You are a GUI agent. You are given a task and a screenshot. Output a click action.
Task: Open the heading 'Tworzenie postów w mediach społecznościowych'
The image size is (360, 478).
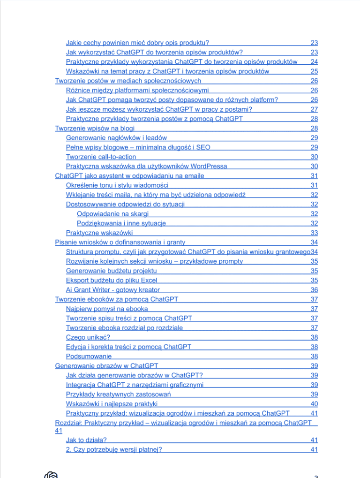[x=128, y=80]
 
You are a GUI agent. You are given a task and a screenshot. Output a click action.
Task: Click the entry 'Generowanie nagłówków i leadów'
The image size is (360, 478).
[x=116, y=137]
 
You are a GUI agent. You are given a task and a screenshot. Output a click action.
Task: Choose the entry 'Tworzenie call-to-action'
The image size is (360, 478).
[x=101, y=157]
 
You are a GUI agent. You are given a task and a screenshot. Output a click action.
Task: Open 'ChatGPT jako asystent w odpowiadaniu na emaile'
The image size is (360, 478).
[x=129, y=175]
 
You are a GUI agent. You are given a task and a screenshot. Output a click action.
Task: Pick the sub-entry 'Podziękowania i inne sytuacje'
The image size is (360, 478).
[x=121, y=223]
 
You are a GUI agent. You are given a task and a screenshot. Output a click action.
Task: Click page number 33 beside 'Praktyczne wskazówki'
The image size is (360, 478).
[x=314, y=233]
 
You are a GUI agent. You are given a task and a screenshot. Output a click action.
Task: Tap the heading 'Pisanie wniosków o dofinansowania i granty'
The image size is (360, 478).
[x=120, y=242]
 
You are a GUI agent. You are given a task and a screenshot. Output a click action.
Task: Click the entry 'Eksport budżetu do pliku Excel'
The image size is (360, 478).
[x=112, y=280]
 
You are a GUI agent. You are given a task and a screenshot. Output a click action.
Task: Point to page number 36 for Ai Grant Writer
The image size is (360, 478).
[x=314, y=289]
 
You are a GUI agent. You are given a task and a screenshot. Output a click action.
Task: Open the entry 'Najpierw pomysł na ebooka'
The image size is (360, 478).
[x=107, y=309]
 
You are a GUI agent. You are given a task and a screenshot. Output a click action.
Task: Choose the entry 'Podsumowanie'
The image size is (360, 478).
[x=89, y=356]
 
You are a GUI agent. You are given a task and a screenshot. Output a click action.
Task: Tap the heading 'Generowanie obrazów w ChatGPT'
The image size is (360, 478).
[x=106, y=365]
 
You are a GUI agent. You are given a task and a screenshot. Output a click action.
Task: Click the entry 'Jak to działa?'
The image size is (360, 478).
[x=86, y=440]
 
